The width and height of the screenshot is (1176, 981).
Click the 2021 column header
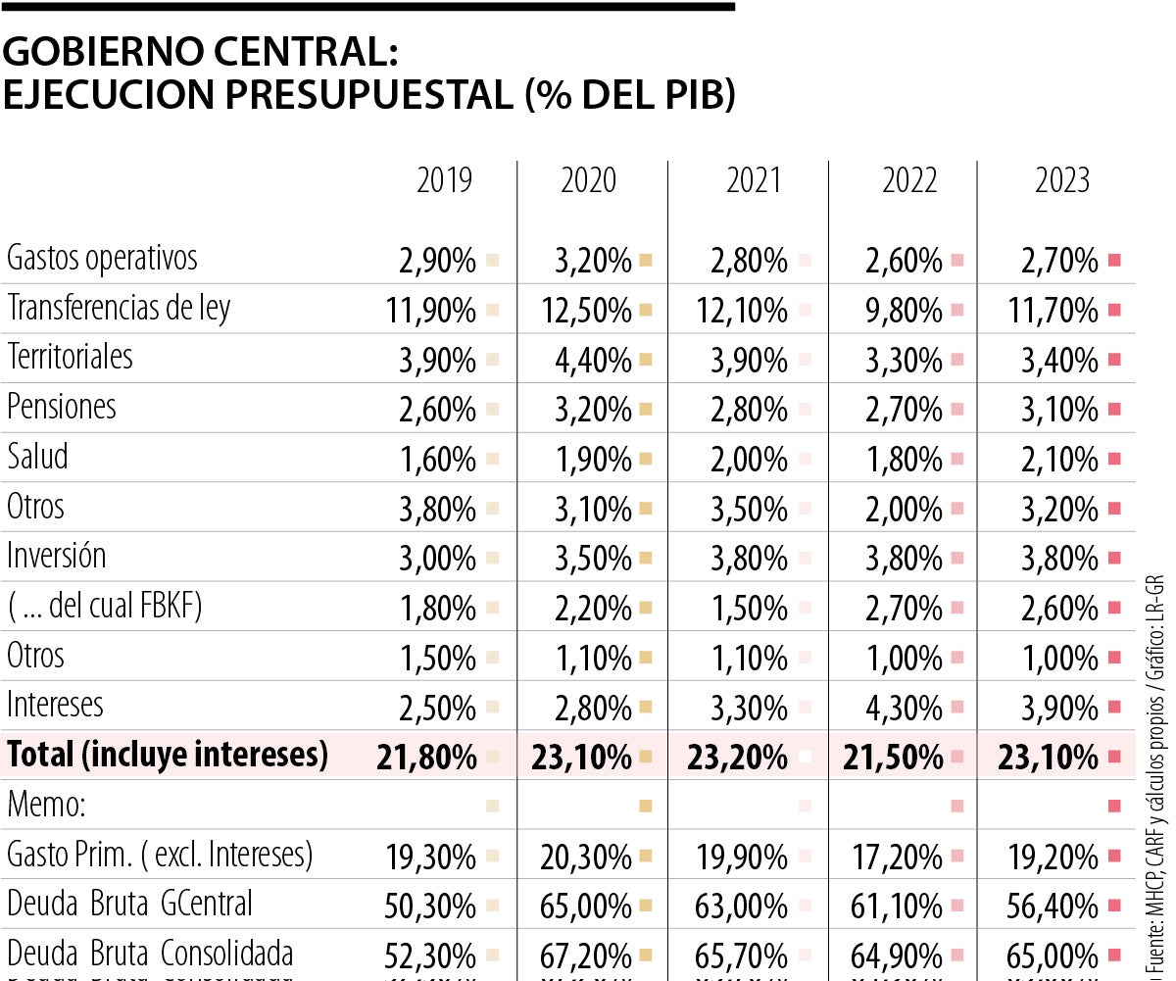(x=754, y=181)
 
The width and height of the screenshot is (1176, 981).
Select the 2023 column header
(x=1062, y=181)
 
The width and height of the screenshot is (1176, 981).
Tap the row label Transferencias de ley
(x=119, y=309)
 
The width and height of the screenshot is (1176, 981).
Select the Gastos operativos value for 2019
(x=437, y=262)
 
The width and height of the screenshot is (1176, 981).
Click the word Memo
(x=46, y=807)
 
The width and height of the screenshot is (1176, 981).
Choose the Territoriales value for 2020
(x=593, y=361)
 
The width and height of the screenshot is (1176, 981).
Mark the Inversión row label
(x=57, y=557)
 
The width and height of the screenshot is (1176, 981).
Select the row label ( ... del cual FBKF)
(x=105, y=607)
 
